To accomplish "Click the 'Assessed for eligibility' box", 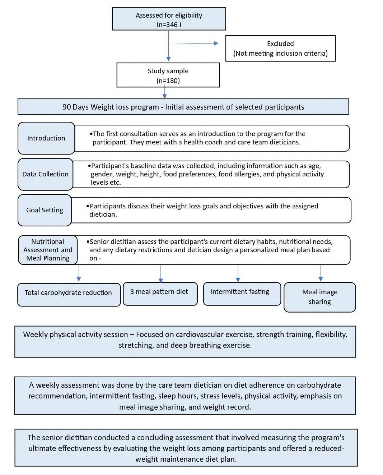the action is tap(169, 19).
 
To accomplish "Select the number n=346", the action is tap(169, 24).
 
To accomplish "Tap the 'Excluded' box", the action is tap(280, 48).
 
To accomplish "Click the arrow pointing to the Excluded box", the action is tap(194, 43).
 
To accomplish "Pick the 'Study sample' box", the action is tap(168, 75).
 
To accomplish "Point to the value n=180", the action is tap(168, 80).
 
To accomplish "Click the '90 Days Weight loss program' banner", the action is tap(183, 107).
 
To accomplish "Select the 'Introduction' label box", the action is tap(46, 138).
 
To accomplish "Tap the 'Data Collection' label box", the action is tap(45, 174).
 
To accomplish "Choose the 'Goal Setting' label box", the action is tap(45, 210).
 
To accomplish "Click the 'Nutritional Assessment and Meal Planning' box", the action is tap(48, 250).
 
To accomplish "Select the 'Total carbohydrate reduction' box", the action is tap(69, 295).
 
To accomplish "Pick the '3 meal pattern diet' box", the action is tap(160, 294).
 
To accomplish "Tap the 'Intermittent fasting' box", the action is tap(242, 294).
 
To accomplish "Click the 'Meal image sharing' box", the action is tap(320, 297).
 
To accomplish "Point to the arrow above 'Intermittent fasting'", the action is tap(238, 274).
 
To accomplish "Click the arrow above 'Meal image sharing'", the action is tap(321, 273).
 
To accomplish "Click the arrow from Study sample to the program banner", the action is tap(164, 92).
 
